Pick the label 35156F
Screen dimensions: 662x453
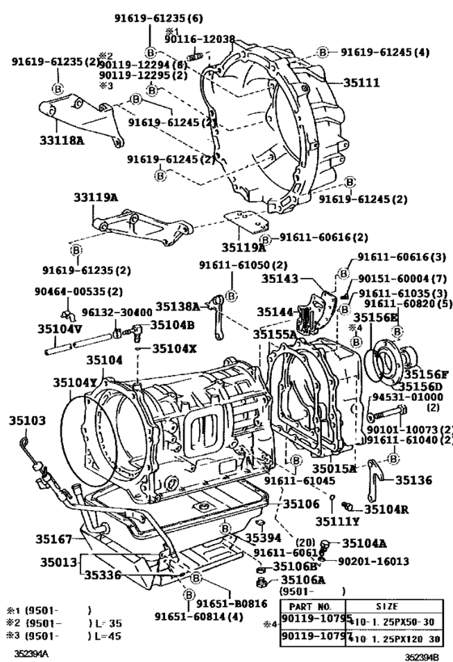coord(426,374)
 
